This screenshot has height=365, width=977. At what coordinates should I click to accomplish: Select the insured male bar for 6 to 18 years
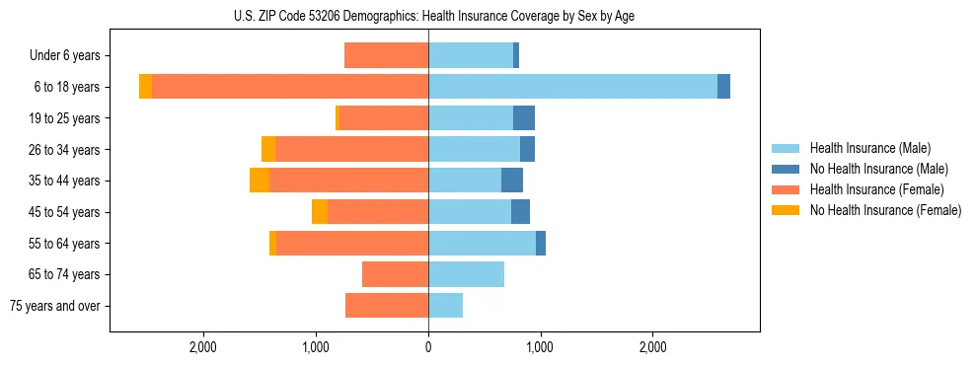click(572, 87)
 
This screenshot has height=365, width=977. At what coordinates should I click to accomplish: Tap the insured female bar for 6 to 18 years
click(290, 87)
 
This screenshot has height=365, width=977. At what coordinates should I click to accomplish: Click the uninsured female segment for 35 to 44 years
click(260, 181)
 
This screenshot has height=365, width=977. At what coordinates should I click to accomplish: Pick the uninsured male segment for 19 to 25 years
click(524, 118)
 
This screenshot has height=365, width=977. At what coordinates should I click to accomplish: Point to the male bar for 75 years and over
click(445, 306)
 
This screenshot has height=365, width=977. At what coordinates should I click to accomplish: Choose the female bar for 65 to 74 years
click(395, 274)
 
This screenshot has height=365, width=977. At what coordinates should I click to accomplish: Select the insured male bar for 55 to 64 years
click(482, 244)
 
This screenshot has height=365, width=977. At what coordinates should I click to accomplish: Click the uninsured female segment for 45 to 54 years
click(320, 212)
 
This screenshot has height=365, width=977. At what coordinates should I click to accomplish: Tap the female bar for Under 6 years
click(386, 55)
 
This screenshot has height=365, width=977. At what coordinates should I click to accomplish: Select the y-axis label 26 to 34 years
click(70, 150)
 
